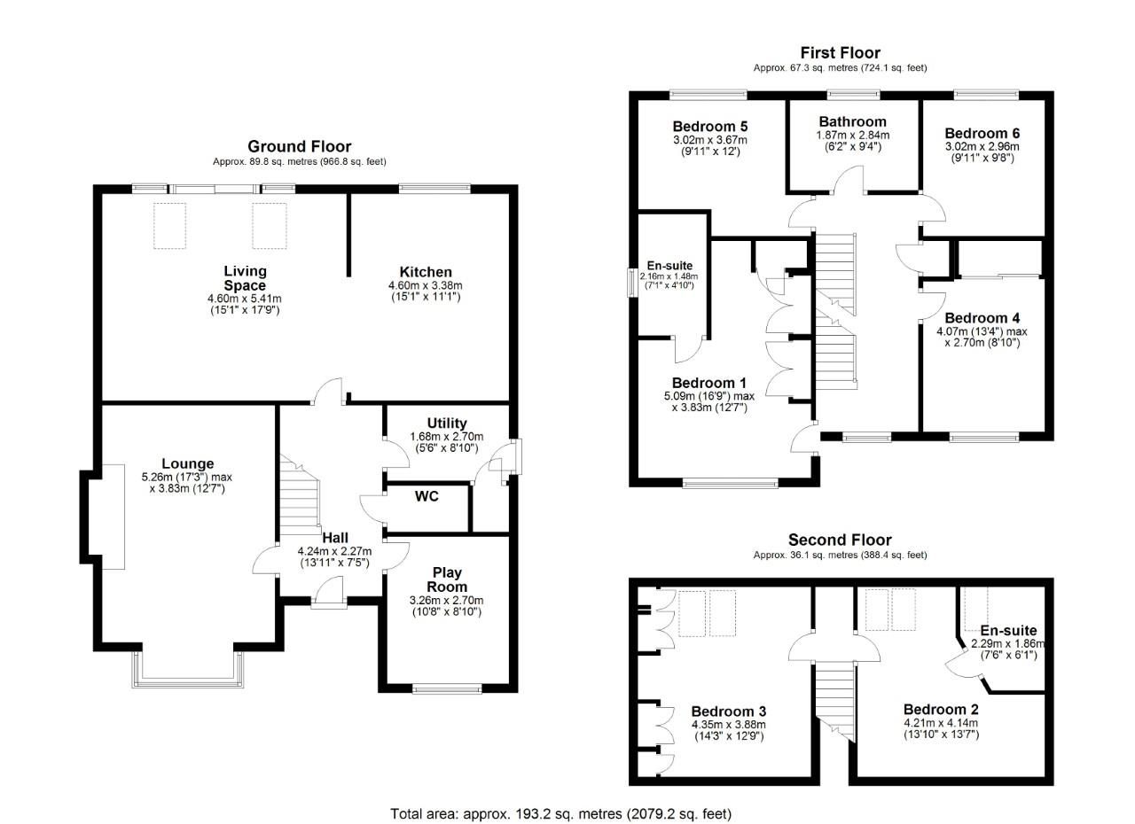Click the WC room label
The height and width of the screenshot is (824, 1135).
click(x=427, y=496)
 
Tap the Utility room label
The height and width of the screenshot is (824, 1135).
click(x=446, y=424)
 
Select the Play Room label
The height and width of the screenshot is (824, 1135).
click(x=447, y=580)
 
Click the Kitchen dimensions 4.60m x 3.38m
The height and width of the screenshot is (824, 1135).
click(x=426, y=285)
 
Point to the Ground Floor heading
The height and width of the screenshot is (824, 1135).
click(x=299, y=147)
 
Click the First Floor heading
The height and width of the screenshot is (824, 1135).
click(x=840, y=53)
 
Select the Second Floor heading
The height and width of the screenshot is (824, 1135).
click(x=840, y=540)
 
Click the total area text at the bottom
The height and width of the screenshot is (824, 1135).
click(x=561, y=812)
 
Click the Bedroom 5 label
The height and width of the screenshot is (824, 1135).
click(x=709, y=126)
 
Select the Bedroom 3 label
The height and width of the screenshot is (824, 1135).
click(x=728, y=711)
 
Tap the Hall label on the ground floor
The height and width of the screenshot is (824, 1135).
click(x=335, y=537)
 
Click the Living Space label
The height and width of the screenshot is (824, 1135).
click(x=245, y=278)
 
